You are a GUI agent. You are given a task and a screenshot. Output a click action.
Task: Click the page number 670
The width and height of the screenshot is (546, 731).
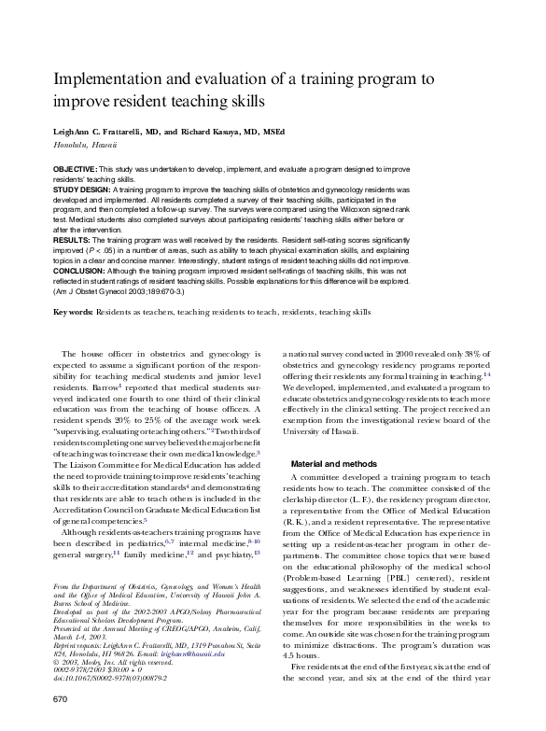pyautogui.click(x=61, y=698)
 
